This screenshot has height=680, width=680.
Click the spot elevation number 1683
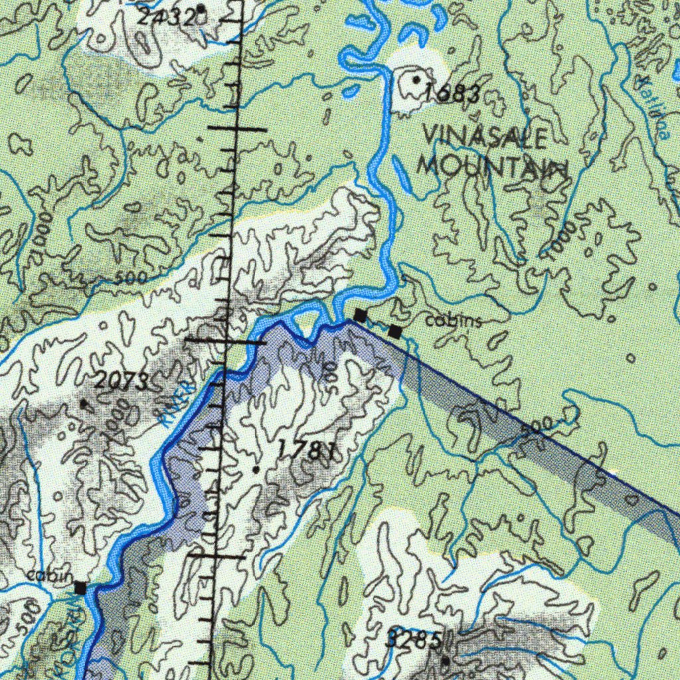point(452,94)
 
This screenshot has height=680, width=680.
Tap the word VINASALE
point(485,138)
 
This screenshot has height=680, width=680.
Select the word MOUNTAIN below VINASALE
point(493,166)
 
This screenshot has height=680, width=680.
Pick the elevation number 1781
point(305,450)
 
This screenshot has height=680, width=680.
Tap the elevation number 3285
point(413,641)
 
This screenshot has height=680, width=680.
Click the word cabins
point(454,321)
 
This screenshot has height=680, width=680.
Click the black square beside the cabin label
point(80,588)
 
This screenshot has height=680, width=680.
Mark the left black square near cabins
point(360,315)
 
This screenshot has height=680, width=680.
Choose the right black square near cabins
point(395,331)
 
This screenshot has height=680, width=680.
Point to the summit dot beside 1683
point(416,80)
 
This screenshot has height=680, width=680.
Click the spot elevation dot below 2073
point(83,403)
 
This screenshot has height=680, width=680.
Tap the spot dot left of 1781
point(256,469)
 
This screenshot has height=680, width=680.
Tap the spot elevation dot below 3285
point(446,661)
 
